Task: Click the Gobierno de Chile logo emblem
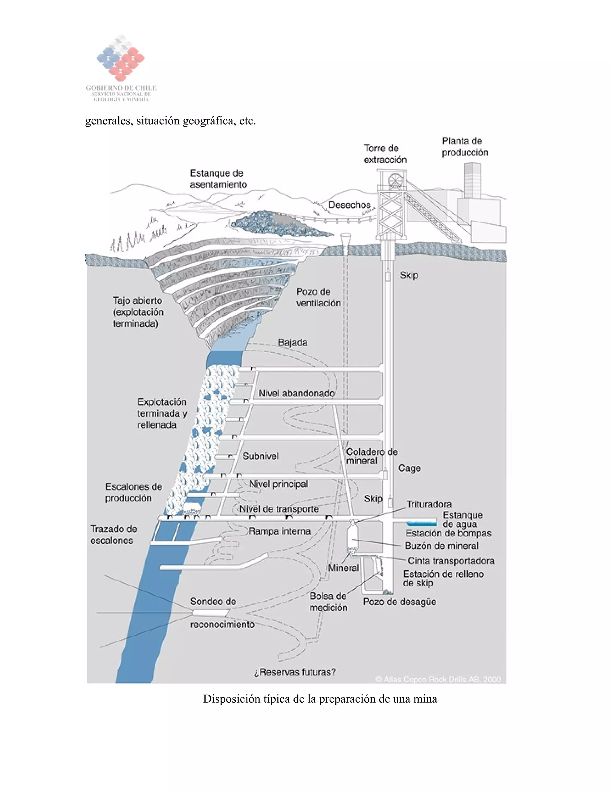(x=121, y=59)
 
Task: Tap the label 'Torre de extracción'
(x=385, y=154)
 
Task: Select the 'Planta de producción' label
(x=464, y=146)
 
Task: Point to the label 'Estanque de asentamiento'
(x=218, y=178)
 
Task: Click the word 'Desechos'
(x=349, y=205)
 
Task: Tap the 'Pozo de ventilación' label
(x=318, y=297)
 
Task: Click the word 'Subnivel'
(x=260, y=456)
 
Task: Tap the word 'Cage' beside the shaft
(x=409, y=468)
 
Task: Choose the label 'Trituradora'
(x=429, y=504)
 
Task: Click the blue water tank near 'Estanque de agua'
(x=421, y=523)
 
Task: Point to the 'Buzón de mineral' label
(x=441, y=546)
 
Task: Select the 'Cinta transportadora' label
(x=451, y=561)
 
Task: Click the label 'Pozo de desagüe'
(x=399, y=602)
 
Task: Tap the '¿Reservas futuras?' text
(x=294, y=672)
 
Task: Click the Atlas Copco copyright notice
(x=438, y=679)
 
